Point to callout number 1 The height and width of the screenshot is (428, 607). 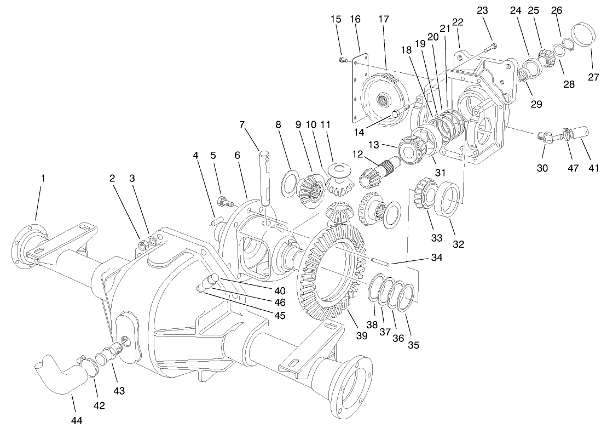[x=43, y=178]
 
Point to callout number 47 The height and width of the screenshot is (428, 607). [x=573, y=169]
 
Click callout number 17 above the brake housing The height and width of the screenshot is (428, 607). [x=384, y=19]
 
